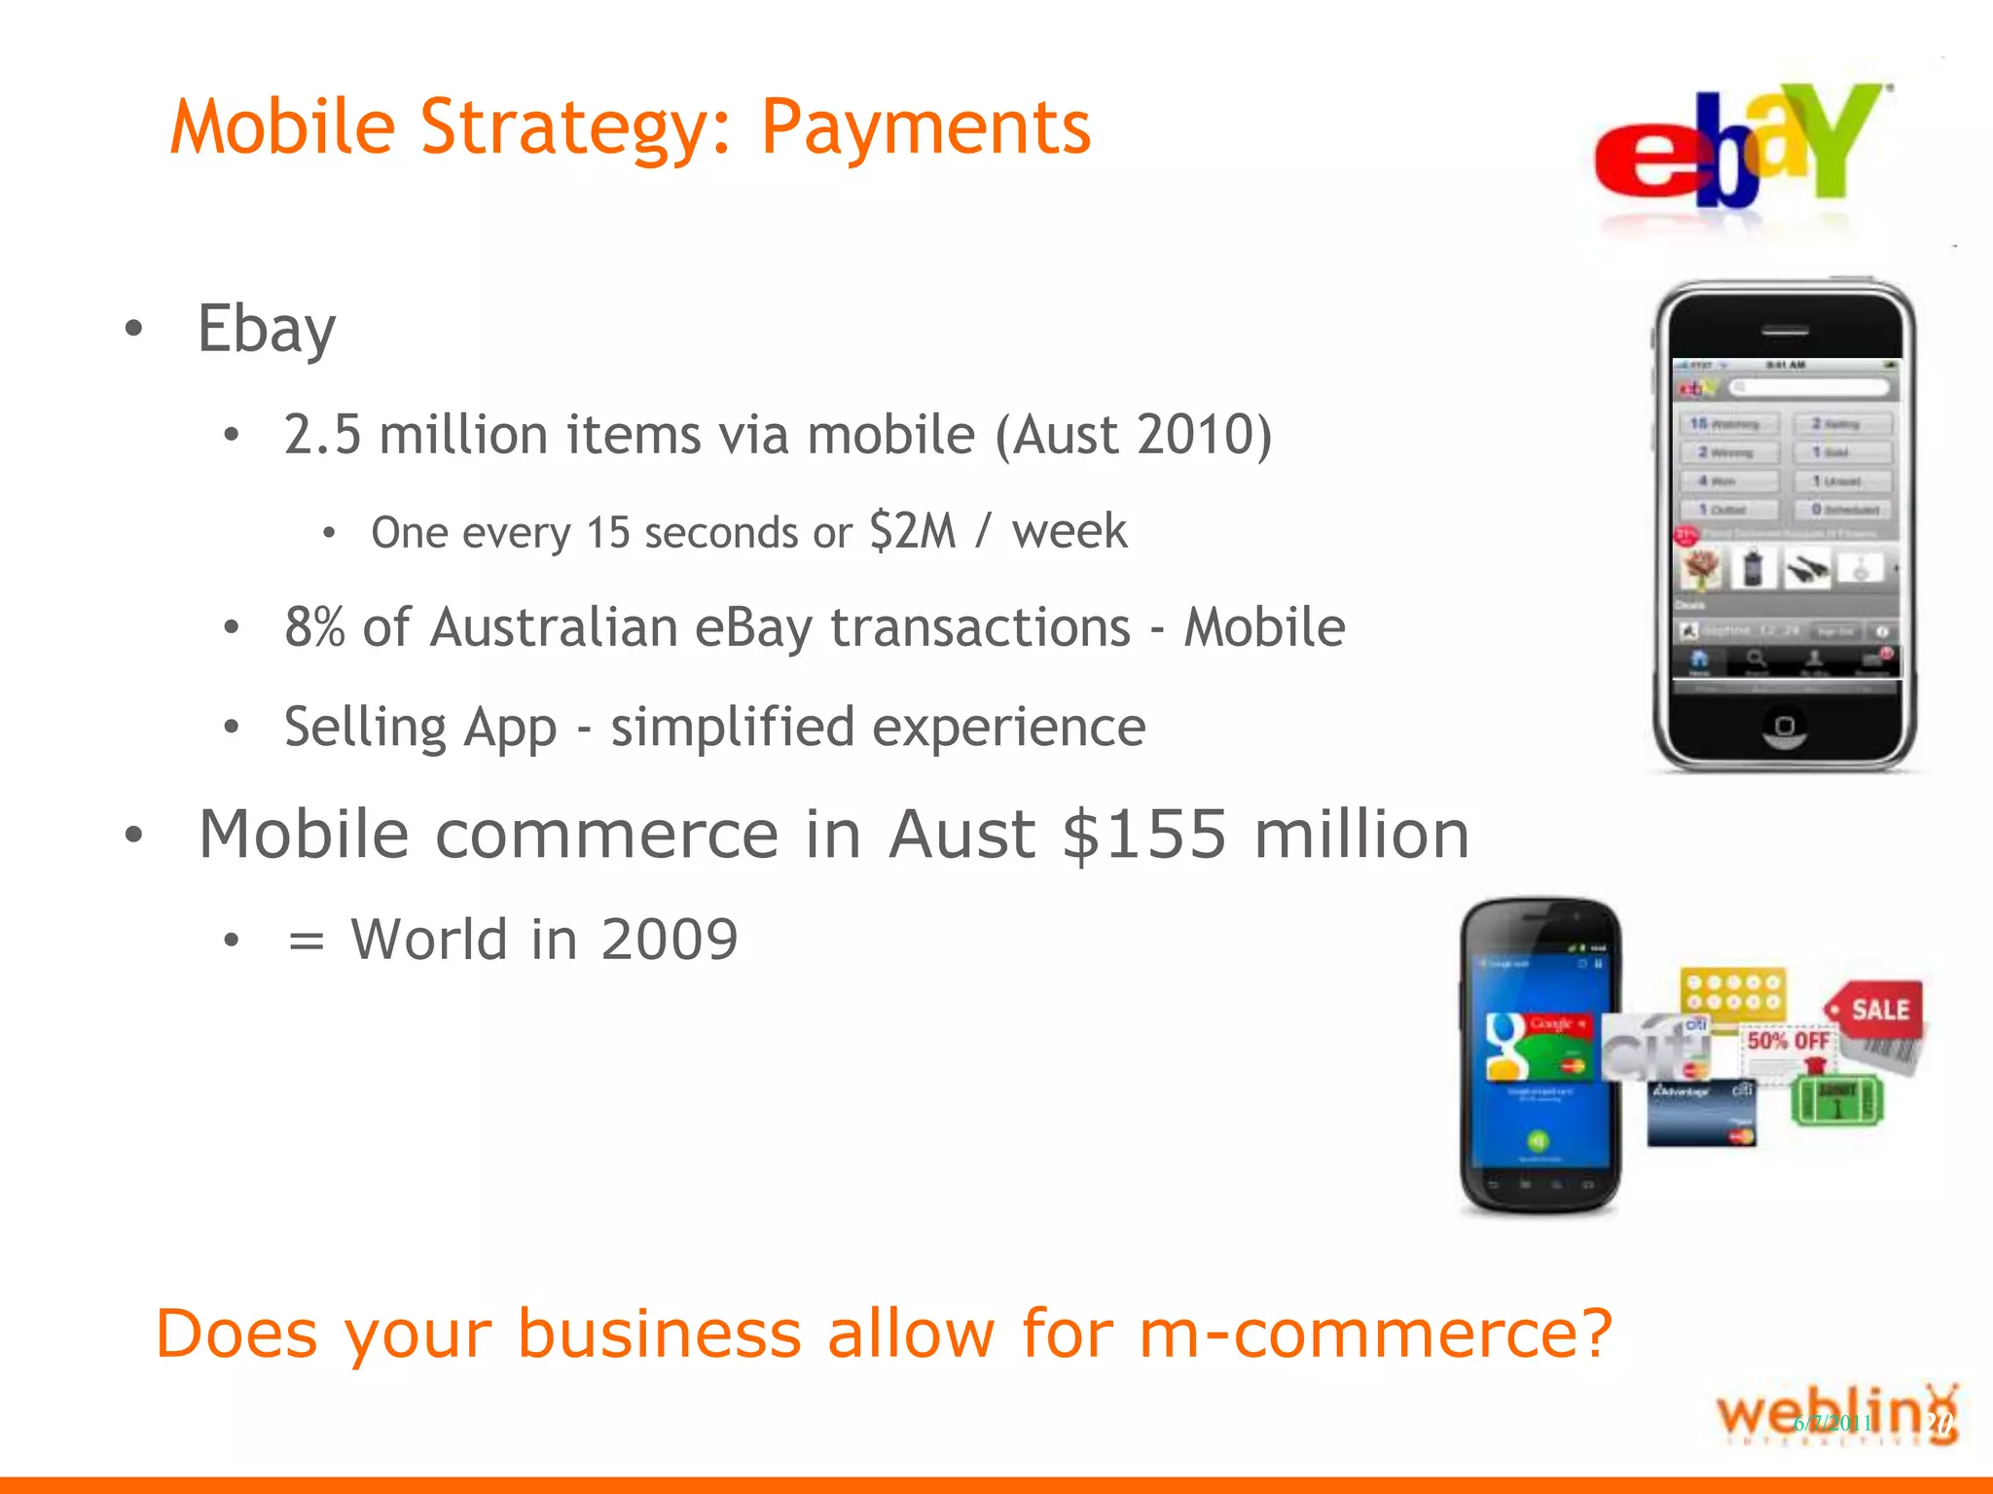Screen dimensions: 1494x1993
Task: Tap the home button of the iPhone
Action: (x=1785, y=726)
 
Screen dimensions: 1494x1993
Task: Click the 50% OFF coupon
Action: (x=1787, y=1043)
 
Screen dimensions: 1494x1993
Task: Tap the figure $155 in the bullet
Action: (x=1144, y=835)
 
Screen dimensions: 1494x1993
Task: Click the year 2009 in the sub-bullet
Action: (x=669, y=940)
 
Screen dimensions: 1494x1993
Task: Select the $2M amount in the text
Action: (x=913, y=531)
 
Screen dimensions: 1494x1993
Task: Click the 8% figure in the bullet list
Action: (x=314, y=627)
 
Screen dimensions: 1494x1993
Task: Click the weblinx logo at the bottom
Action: (x=1835, y=1416)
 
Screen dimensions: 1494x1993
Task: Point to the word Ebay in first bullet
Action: (x=266, y=330)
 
